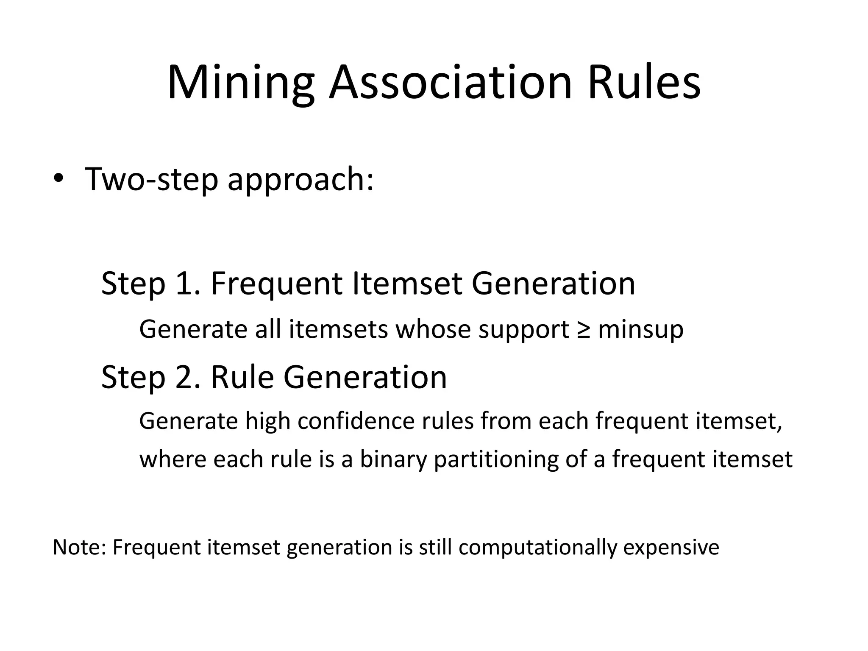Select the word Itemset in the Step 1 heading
407,284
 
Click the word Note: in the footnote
79,547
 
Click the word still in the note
435,547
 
